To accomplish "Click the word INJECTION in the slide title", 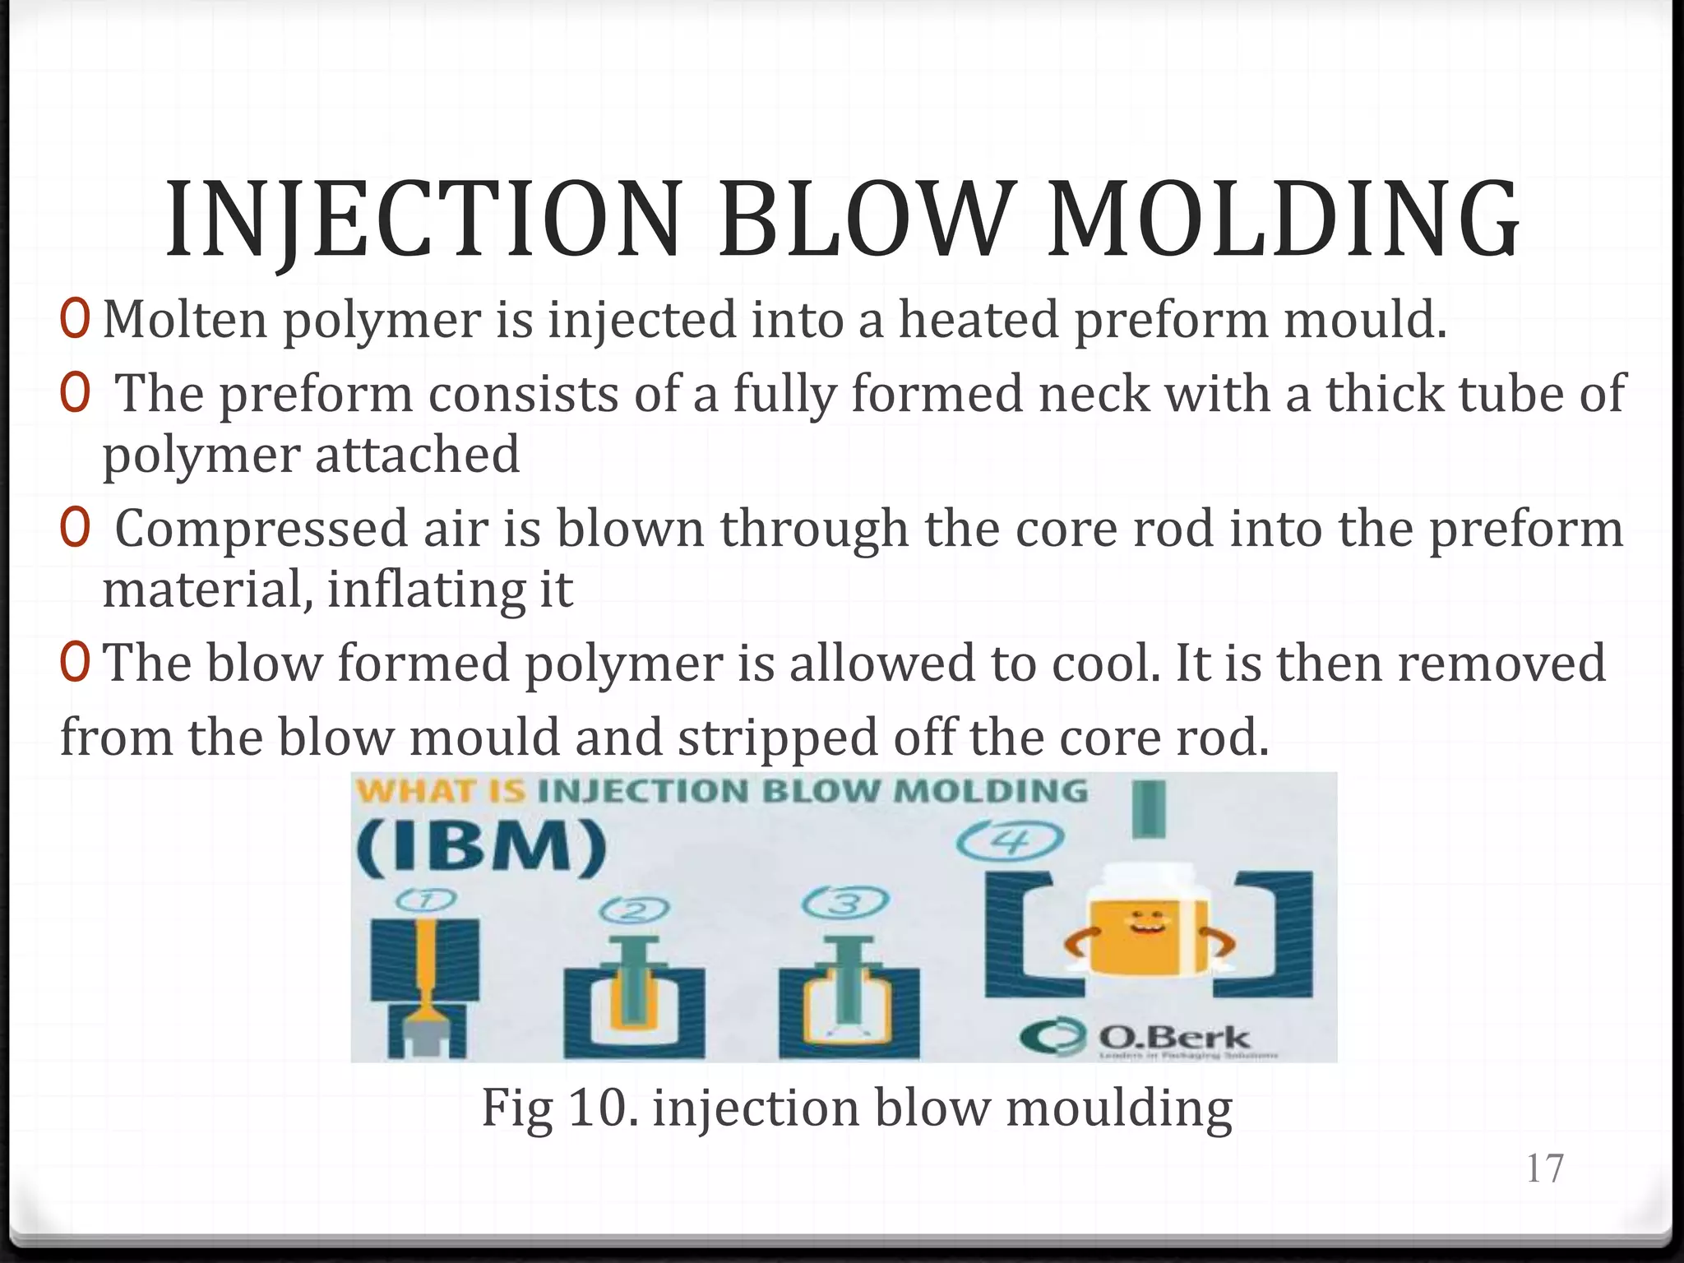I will point(423,220).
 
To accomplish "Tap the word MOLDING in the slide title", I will point(1284,220).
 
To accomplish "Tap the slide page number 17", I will point(1544,1168).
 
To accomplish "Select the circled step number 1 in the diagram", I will point(425,901).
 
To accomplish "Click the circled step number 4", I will point(1009,841).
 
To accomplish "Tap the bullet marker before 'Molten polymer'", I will point(74,320).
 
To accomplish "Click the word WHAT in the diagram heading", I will point(416,792).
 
